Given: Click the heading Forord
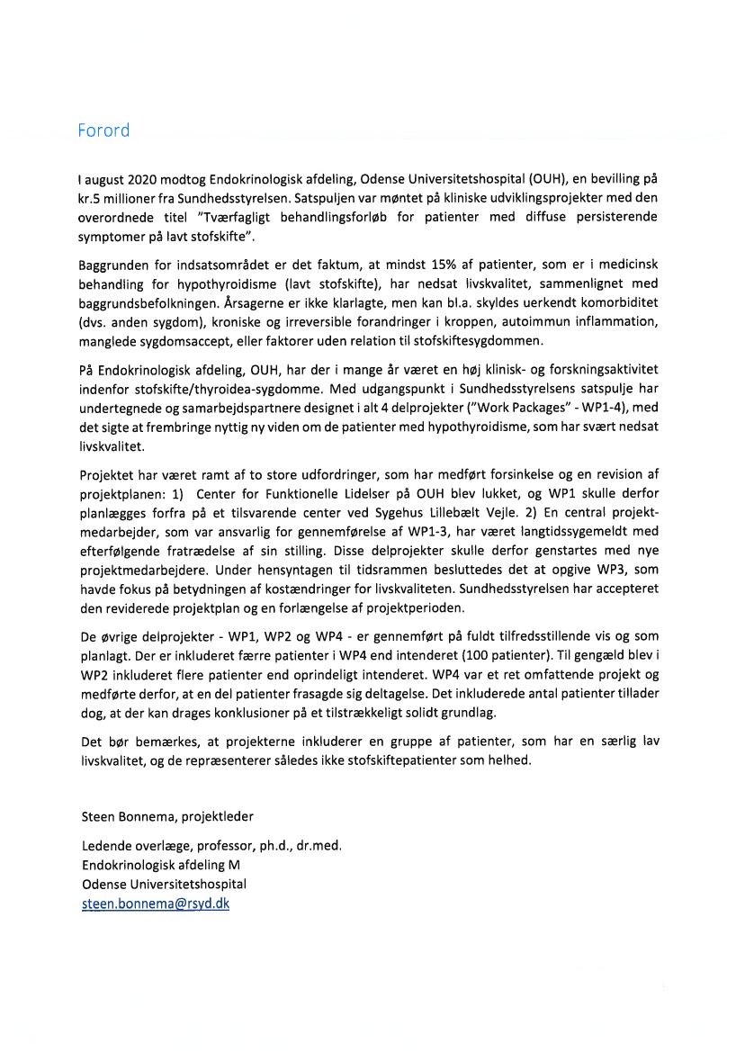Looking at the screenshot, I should [x=103, y=130].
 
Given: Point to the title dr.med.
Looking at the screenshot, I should [x=317, y=846].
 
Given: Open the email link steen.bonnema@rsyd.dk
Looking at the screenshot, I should [x=156, y=904].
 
